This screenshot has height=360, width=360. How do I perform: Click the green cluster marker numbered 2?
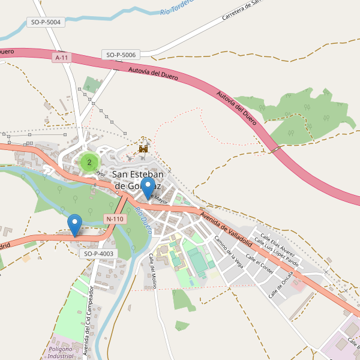(89, 162)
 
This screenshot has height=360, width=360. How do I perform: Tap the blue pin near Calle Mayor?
(147, 188)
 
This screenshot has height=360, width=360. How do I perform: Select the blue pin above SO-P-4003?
(75, 224)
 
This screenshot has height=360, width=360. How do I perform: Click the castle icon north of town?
(143, 147)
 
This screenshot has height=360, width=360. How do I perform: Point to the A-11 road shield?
(61, 58)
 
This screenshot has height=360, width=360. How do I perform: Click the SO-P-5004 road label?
(46, 22)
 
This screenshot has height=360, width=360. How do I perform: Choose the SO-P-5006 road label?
(121, 55)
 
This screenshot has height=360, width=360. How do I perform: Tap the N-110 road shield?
(114, 219)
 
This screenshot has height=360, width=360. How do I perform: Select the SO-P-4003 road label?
(97, 254)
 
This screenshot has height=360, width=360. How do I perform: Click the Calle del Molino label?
(153, 270)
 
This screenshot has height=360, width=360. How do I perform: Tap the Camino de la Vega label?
(229, 250)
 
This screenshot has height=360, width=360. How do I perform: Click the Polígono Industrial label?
(61, 352)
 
